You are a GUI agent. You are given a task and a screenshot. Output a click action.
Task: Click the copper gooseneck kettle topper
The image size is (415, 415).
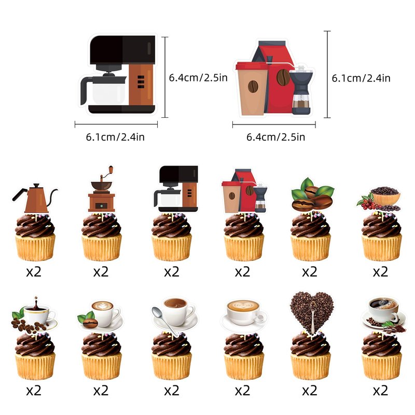click(x=35, y=198)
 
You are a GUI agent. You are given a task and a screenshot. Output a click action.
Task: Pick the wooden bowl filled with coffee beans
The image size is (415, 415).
click(x=385, y=196)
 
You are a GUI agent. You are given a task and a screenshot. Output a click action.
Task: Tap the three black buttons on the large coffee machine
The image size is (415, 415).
click(x=141, y=82)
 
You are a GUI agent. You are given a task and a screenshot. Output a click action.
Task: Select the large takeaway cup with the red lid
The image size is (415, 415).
click(x=252, y=89)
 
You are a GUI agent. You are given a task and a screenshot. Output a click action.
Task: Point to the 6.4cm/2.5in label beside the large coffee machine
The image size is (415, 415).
click(x=198, y=78)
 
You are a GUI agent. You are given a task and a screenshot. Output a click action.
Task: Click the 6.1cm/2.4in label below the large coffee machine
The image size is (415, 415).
click(x=115, y=137)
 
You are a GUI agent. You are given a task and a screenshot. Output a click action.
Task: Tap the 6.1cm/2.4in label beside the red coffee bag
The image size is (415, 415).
click(x=361, y=78)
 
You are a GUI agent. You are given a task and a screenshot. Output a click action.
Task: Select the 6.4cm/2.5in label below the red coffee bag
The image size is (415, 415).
click(x=276, y=137)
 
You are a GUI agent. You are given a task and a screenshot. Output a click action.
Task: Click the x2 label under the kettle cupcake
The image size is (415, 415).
click(x=34, y=272)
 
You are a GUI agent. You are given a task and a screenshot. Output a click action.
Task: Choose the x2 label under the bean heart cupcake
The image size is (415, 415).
click(x=310, y=391)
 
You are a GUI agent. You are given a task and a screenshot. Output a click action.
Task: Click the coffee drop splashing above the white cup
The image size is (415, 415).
click(x=36, y=300)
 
